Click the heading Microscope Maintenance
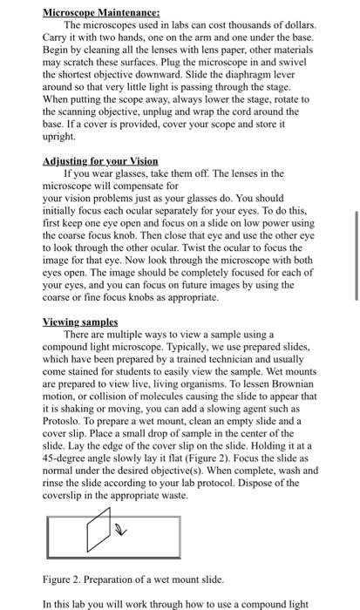(x=101, y=13)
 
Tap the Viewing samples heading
(x=79, y=322)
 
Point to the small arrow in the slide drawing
(x=122, y=527)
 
